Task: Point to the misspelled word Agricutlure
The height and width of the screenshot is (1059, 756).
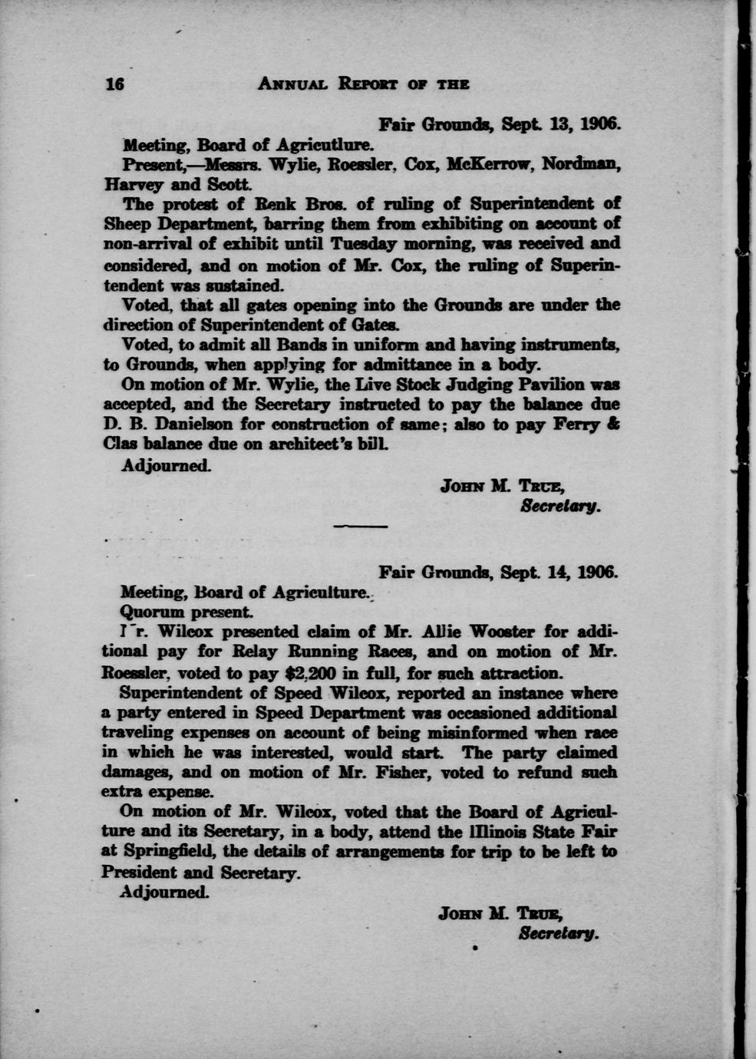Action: tap(325, 144)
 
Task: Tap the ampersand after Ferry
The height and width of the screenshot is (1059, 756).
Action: tap(613, 424)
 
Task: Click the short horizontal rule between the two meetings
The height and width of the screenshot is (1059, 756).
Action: tap(361, 526)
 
